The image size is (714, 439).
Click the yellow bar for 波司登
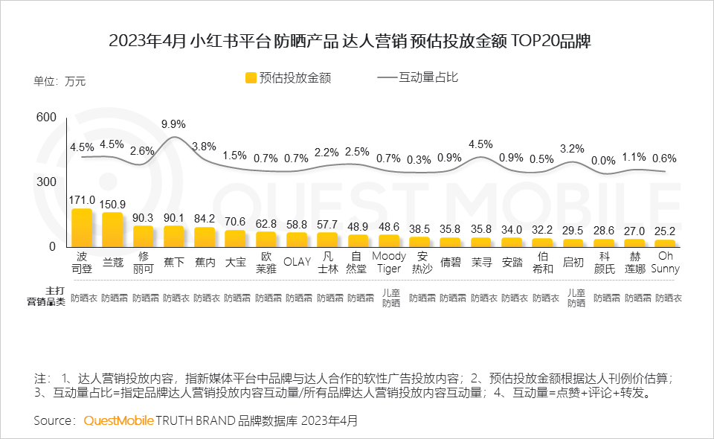coord(82,228)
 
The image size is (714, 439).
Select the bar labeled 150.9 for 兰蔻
coord(112,230)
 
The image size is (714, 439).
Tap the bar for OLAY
coord(297,239)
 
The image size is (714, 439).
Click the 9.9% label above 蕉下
coord(173,124)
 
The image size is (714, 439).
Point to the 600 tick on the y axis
coord(46,118)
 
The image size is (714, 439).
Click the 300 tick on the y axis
coord(46,182)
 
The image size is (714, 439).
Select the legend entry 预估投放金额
coord(289,77)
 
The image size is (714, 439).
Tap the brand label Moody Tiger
coord(390,262)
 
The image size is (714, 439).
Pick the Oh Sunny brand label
coord(666,262)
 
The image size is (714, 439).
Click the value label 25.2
coord(666,231)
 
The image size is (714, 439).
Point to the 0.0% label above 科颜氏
coord(604,160)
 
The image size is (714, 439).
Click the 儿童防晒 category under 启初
coord(574,298)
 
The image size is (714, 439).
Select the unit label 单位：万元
coord(59,81)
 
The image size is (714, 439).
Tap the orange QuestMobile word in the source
coord(118,420)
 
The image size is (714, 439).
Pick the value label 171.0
coord(82,199)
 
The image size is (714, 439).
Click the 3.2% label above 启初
coord(573,148)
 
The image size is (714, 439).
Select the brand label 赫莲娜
coord(635,262)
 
